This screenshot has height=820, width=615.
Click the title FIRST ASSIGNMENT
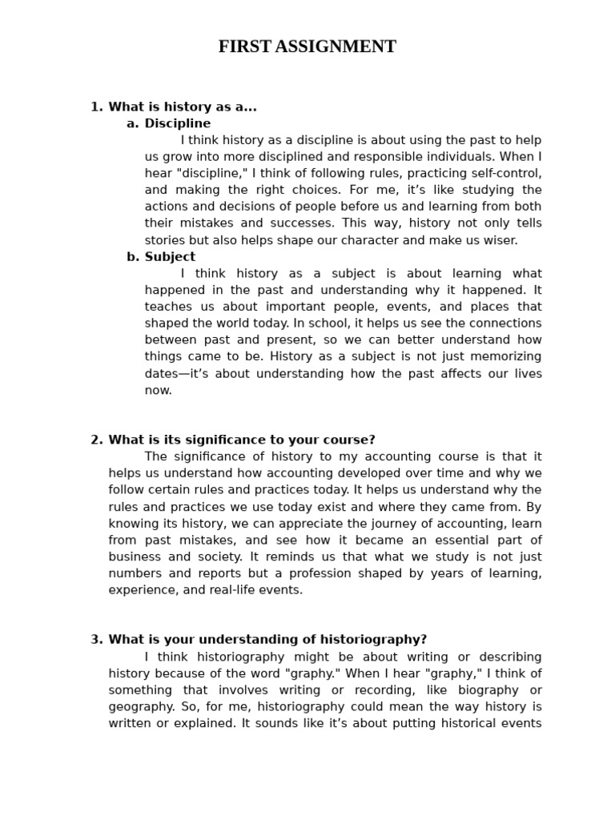click(307, 47)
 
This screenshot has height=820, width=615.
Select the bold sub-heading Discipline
click(177, 123)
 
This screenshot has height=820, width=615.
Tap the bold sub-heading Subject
click(170, 257)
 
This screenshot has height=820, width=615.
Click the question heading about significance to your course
click(241, 440)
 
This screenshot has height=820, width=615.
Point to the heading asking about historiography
click(267, 639)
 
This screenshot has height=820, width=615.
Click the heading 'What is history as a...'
click(183, 107)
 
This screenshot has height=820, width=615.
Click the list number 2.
click(96, 440)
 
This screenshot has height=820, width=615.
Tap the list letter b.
click(132, 257)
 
